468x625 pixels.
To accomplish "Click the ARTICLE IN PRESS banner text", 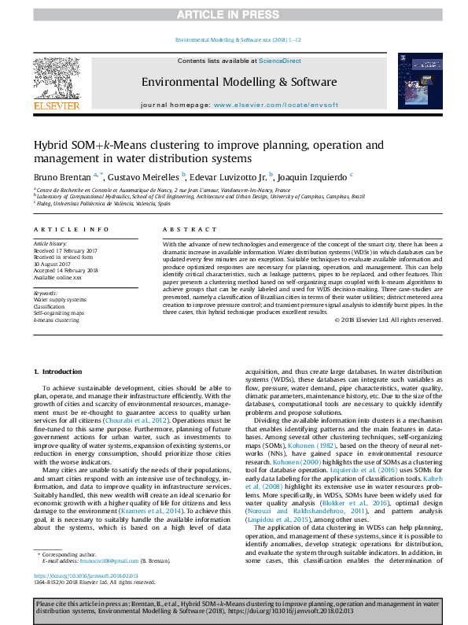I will (234, 14).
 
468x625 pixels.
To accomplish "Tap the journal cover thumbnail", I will (415, 81).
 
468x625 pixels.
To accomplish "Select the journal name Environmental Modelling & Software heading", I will (239, 82).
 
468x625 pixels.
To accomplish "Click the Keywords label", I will (46, 293).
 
